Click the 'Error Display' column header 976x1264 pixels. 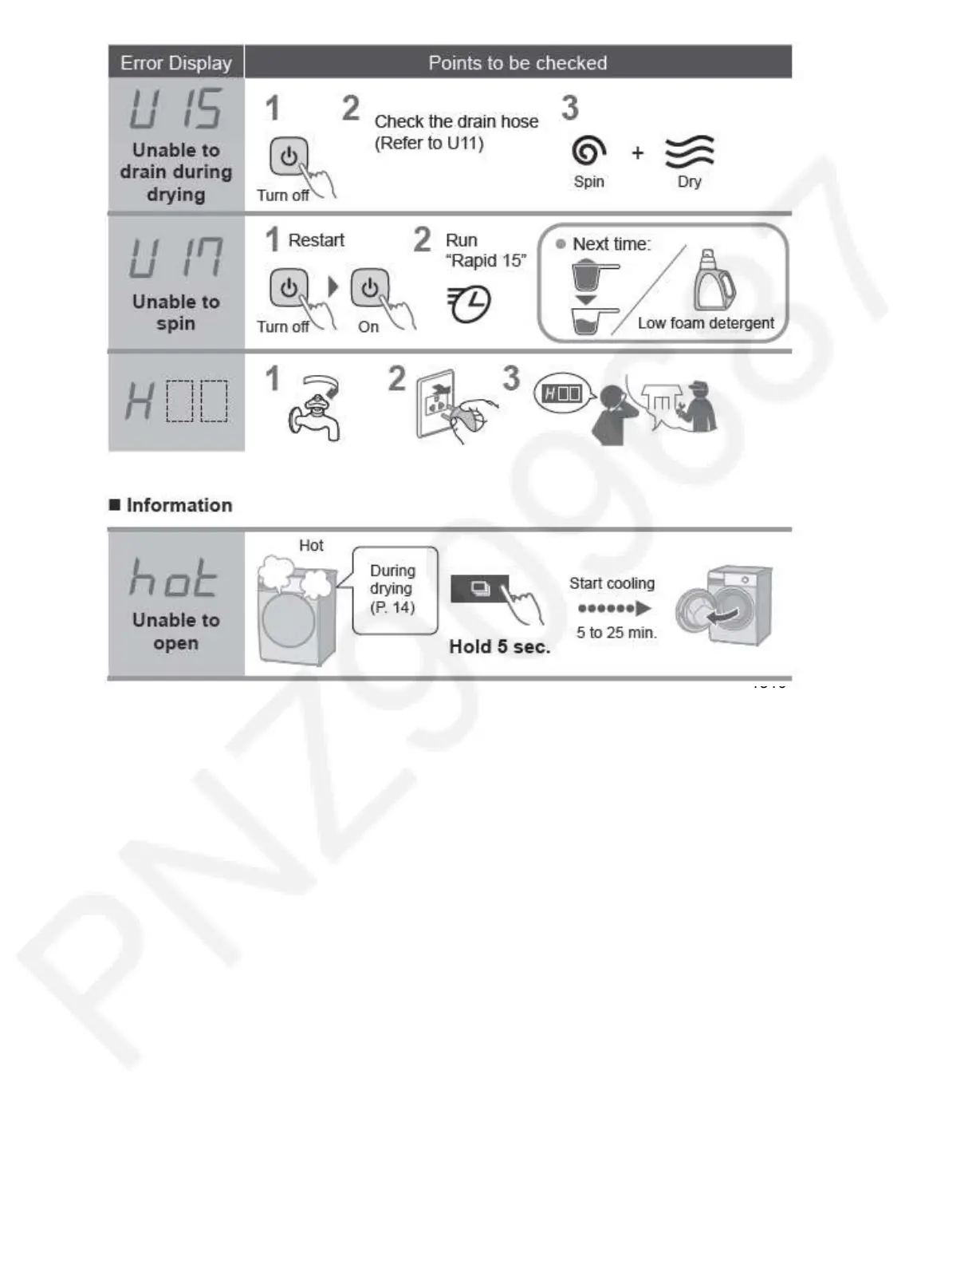(x=175, y=62)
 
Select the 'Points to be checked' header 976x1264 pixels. (x=518, y=62)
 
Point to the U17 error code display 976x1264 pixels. (x=175, y=258)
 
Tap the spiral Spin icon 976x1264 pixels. (x=589, y=151)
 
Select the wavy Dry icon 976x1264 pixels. (x=690, y=151)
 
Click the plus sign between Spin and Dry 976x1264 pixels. (x=637, y=152)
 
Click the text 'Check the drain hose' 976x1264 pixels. (x=456, y=121)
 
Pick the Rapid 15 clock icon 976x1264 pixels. (x=469, y=304)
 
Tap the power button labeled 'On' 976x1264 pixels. (x=370, y=288)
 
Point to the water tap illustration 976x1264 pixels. (x=315, y=411)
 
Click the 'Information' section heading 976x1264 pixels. (x=179, y=505)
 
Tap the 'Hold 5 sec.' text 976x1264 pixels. (x=499, y=646)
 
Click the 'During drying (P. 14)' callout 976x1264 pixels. (x=393, y=589)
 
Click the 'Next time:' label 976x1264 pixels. (x=611, y=244)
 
